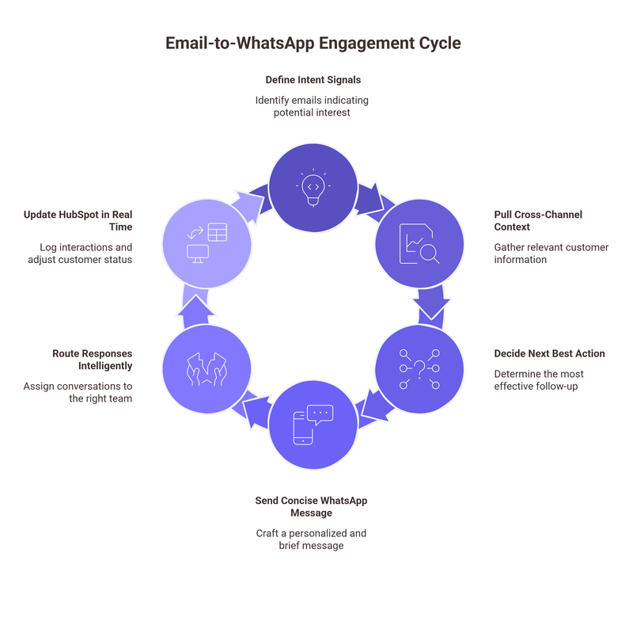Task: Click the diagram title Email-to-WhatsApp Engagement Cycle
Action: [313, 44]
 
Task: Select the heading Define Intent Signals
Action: [313, 80]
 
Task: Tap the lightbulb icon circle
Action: [313, 186]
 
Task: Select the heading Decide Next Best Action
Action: [549, 353]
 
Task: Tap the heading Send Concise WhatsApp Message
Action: [311, 507]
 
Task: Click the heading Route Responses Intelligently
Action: [93, 360]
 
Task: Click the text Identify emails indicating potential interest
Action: [312, 107]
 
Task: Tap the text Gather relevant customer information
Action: [551, 253]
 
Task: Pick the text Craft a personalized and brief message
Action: [311, 539]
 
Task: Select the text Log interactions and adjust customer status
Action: [85, 254]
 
